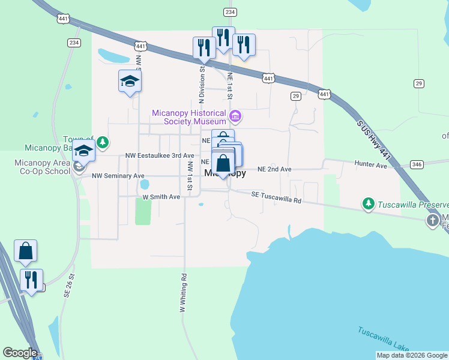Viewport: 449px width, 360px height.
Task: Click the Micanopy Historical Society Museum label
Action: [188, 116]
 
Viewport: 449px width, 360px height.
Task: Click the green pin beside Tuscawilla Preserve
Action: [369, 204]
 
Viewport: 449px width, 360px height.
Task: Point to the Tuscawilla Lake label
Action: [384, 340]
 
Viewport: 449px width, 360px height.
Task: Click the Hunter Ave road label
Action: [370, 164]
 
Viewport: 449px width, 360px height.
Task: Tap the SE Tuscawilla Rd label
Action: [276, 197]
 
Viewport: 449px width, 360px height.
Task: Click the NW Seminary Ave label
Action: [118, 176]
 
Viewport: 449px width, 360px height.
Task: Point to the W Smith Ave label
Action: [161, 196]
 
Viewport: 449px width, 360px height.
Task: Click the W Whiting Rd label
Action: [182, 294]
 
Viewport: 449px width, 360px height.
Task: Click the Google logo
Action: [19, 352]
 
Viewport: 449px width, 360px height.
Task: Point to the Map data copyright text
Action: [411, 355]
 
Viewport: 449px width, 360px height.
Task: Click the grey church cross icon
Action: [432, 221]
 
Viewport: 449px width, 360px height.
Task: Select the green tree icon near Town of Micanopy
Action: [103, 142]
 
